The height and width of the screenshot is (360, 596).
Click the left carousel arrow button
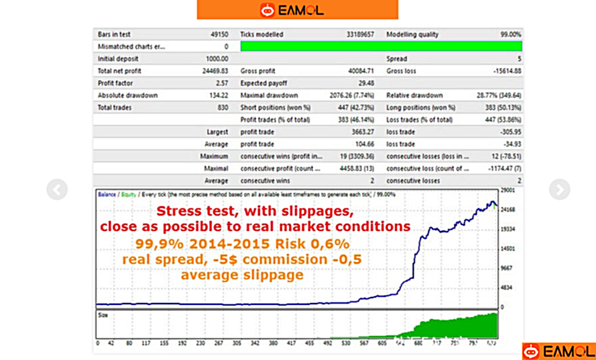57,190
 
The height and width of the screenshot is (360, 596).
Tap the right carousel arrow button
559,190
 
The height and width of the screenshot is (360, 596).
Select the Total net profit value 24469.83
214,71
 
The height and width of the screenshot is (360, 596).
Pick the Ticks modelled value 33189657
360,34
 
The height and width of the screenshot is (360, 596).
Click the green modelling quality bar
380,46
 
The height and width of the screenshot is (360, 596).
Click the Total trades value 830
222,107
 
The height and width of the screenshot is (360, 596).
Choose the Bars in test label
114,34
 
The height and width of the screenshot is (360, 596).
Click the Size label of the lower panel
103,313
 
